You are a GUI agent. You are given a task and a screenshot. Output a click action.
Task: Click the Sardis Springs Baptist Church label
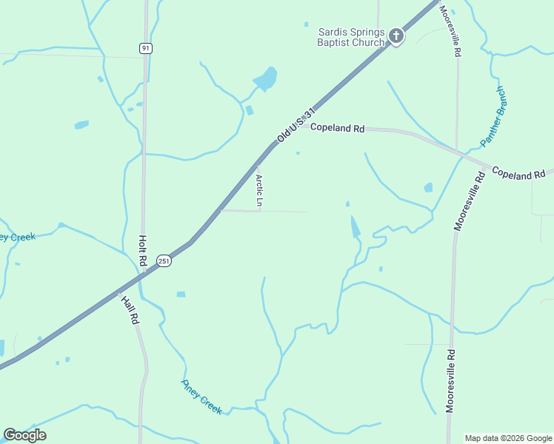click(x=351, y=37)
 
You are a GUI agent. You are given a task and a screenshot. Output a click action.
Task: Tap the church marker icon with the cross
click(x=396, y=35)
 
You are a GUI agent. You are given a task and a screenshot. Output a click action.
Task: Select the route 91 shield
click(x=145, y=48)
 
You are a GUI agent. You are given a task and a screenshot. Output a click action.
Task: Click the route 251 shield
click(x=164, y=260)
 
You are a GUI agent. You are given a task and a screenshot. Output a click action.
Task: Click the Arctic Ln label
click(x=259, y=190)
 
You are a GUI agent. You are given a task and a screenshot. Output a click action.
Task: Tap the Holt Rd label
click(x=142, y=251)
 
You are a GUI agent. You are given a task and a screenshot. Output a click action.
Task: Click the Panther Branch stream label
click(x=493, y=115)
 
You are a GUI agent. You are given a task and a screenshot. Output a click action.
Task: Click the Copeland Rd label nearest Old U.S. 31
click(x=337, y=128)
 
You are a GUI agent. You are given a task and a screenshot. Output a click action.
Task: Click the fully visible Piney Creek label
click(x=201, y=397)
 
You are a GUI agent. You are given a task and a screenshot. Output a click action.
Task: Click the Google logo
click(x=24, y=435)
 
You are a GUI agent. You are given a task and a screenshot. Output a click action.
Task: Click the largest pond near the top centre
click(x=265, y=78)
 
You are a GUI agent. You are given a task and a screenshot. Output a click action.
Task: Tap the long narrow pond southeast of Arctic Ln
click(x=356, y=226)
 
